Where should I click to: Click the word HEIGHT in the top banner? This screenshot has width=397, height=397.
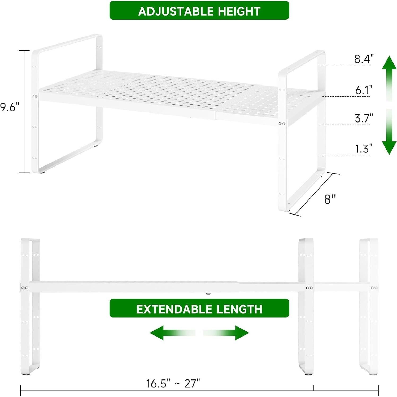[239, 11]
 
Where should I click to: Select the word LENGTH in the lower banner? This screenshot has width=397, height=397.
[239, 309]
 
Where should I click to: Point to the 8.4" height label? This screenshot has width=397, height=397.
[364, 59]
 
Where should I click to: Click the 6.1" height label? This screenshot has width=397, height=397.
[364, 90]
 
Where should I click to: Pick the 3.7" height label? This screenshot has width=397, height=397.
[364, 118]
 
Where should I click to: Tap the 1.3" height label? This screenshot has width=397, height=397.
[364, 149]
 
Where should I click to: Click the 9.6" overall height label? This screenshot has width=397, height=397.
[10, 107]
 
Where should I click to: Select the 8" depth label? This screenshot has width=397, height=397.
[330, 199]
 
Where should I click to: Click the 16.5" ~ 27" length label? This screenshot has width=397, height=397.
[173, 383]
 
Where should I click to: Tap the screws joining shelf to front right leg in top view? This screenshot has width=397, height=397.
[282, 124]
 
